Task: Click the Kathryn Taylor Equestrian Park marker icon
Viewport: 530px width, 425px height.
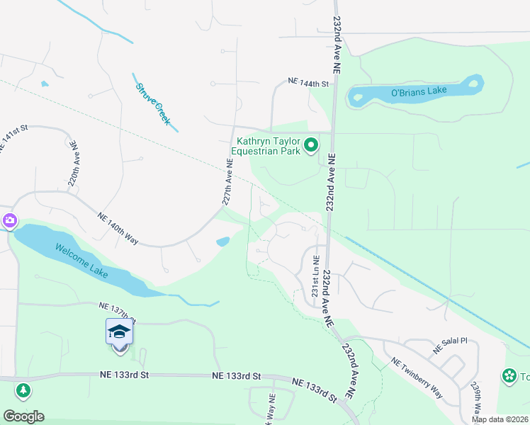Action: [x=311, y=146]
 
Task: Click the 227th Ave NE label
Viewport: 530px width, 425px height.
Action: [x=227, y=182]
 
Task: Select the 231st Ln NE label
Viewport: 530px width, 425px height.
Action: [x=316, y=276]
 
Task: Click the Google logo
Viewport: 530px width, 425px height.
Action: [x=23, y=416]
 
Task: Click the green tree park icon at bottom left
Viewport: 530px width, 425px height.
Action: [x=23, y=390]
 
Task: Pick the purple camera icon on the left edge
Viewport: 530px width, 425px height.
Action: [x=9, y=220]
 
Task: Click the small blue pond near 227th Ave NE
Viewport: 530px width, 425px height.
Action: [x=222, y=242]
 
